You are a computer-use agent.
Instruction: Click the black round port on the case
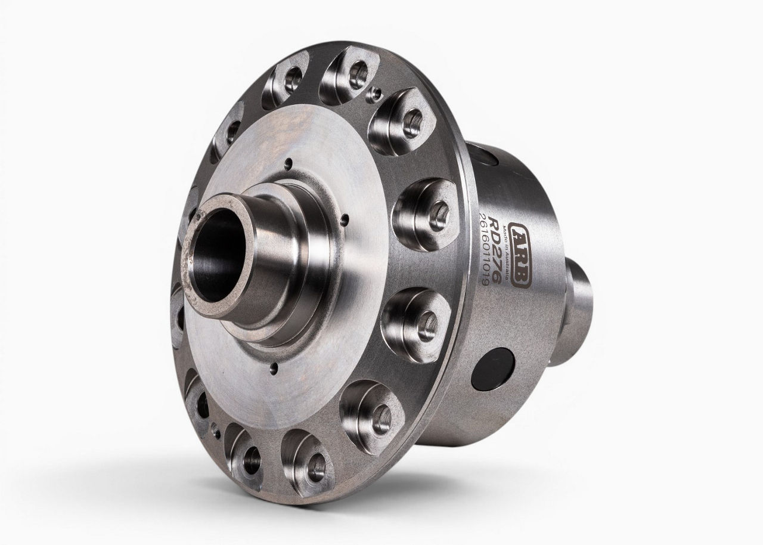pos(492,371)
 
